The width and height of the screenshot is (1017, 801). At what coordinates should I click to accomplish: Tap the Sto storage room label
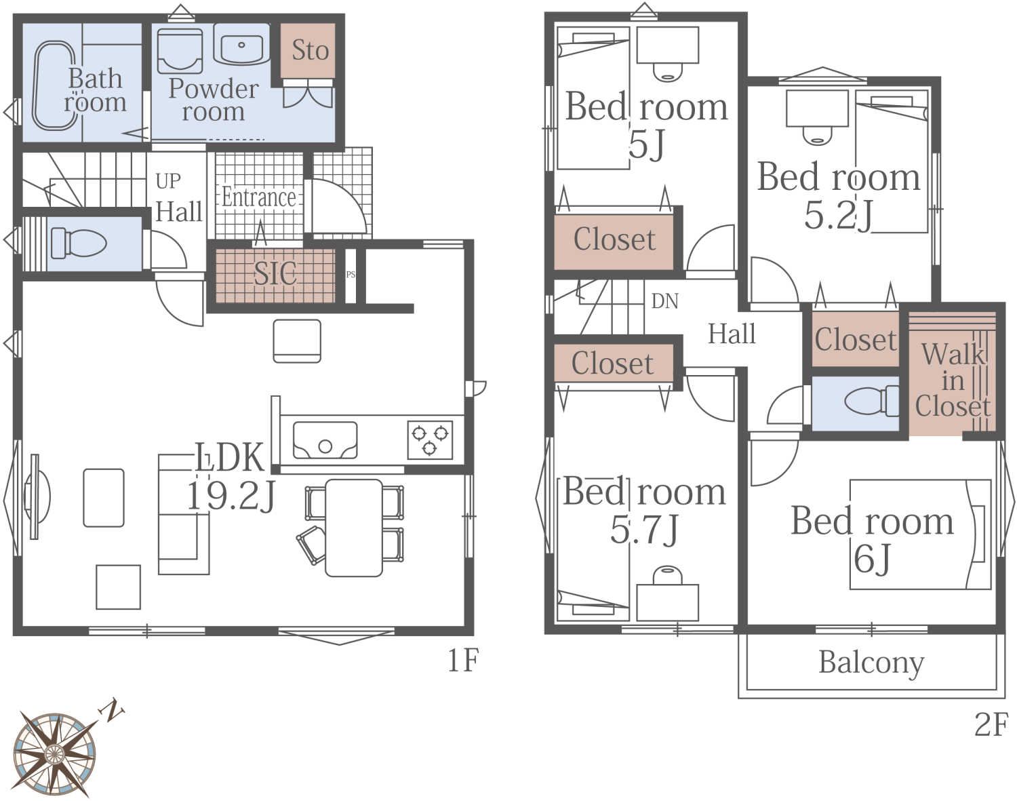click(x=310, y=50)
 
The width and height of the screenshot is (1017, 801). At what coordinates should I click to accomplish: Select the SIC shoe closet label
click(x=275, y=273)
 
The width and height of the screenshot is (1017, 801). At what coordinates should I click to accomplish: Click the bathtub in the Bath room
click(x=54, y=85)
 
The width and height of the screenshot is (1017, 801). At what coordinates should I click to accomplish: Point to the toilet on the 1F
click(x=79, y=243)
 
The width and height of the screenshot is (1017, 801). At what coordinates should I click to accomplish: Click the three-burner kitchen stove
click(x=430, y=440)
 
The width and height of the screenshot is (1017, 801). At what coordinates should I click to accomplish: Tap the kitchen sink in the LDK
click(x=325, y=440)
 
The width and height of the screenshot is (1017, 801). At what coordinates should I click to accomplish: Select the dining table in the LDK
click(x=354, y=528)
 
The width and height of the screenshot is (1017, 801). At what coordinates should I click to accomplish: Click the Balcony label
click(x=871, y=663)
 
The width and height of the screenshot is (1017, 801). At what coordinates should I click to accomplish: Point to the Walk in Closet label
click(x=953, y=380)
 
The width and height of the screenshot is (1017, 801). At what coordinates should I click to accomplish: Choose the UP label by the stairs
click(x=168, y=181)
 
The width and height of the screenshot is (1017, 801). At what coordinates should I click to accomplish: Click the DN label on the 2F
click(x=665, y=300)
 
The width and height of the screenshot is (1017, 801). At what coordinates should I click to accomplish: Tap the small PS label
click(x=351, y=274)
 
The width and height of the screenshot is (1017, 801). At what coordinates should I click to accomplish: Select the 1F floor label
click(x=463, y=661)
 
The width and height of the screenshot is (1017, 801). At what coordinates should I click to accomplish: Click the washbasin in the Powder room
click(x=241, y=44)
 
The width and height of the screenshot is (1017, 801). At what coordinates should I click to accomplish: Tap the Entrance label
click(x=258, y=197)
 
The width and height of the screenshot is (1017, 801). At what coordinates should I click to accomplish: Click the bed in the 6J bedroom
click(x=921, y=534)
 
